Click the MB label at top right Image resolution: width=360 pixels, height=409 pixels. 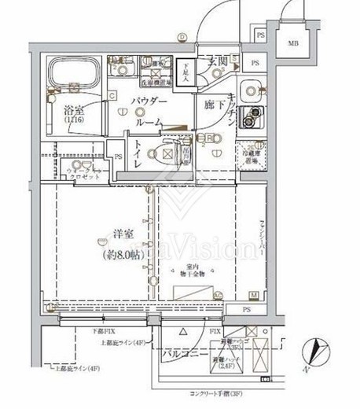point(292,45)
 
